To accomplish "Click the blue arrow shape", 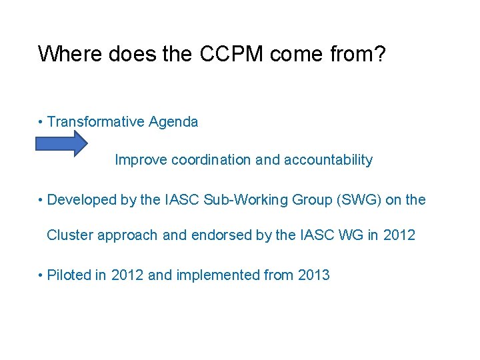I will pyautogui.click(x=61, y=143).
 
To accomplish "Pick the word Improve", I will pyautogui.click(x=141, y=160).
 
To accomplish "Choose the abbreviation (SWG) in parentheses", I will pyautogui.click(x=351, y=199).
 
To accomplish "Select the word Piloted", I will pyautogui.click(x=69, y=275).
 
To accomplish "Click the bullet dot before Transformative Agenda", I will pyautogui.click(x=41, y=123).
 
